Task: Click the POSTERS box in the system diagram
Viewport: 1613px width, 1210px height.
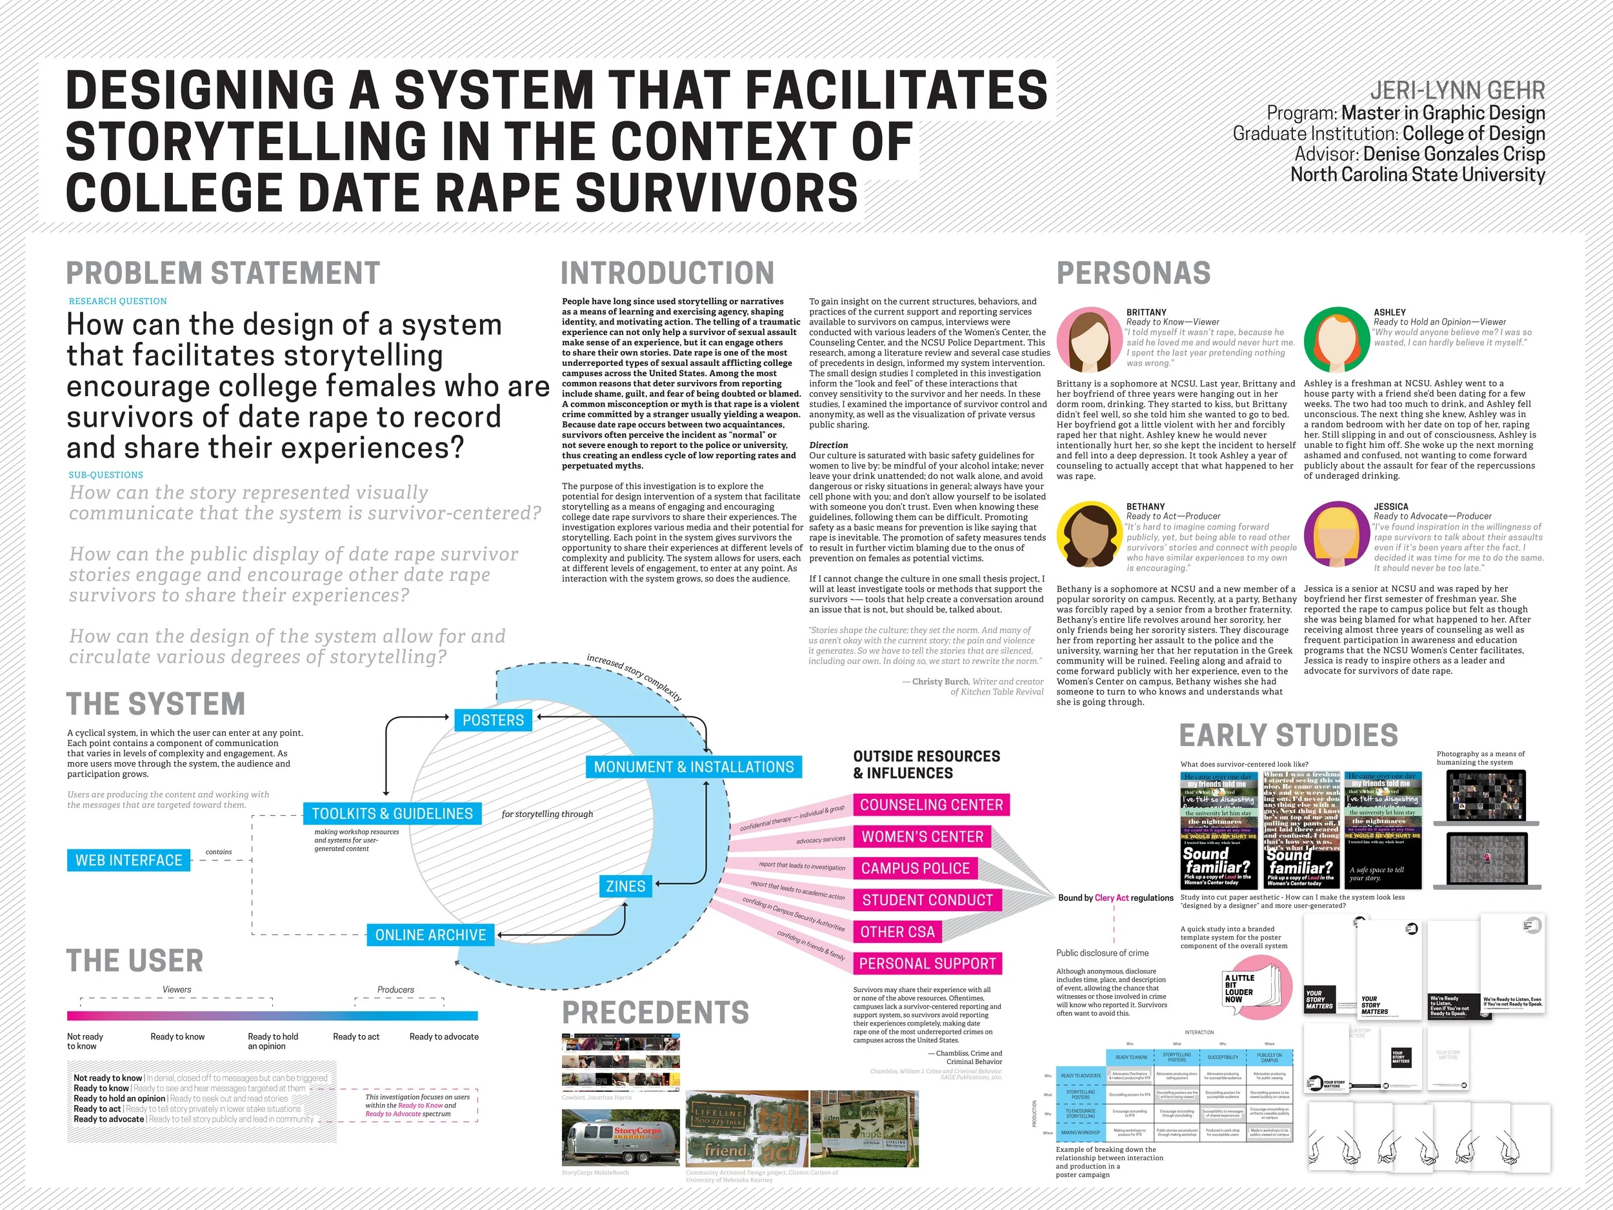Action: click(x=493, y=720)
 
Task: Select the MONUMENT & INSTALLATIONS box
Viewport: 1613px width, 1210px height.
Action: click(x=694, y=767)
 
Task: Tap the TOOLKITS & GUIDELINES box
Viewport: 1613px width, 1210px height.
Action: click(x=392, y=813)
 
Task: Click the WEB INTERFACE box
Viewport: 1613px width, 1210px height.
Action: click(x=128, y=860)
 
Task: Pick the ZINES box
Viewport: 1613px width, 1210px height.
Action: click(x=626, y=886)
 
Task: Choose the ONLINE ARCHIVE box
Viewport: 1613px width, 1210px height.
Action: click(x=430, y=934)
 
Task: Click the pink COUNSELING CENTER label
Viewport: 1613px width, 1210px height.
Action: click(x=931, y=805)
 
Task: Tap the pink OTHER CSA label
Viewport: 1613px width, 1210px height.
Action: click(x=897, y=931)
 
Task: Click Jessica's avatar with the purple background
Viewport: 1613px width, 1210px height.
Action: click(x=1337, y=534)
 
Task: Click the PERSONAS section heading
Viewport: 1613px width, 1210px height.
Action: click(x=1133, y=273)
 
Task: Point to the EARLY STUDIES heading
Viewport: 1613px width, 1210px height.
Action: click(x=1288, y=735)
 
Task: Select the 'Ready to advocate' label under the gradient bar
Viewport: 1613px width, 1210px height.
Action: click(x=444, y=1036)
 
